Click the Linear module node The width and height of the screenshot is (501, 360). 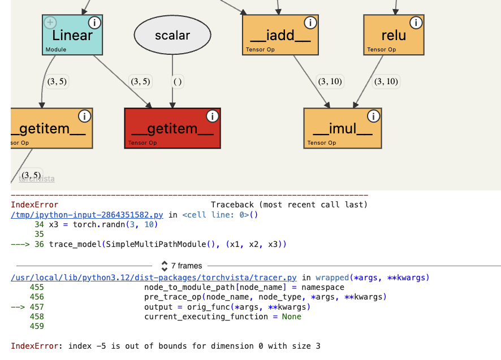[x=72, y=35]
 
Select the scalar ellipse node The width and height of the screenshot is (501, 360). [x=172, y=36]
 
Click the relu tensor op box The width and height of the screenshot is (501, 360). [x=394, y=35]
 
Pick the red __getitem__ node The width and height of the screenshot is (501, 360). [x=172, y=129]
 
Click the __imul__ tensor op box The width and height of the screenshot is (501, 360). [x=343, y=129]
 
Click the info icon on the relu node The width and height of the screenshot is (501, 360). [x=416, y=23]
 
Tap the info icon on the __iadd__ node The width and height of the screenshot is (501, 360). [x=310, y=23]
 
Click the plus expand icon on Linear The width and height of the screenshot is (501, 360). [x=50, y=23]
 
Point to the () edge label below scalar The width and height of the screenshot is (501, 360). [x=178, y=81]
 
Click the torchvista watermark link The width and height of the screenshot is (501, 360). [x=37, y=179]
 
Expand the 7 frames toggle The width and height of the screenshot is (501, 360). [x=182, y=266]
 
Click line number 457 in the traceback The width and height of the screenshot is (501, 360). [x=37, y=307]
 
